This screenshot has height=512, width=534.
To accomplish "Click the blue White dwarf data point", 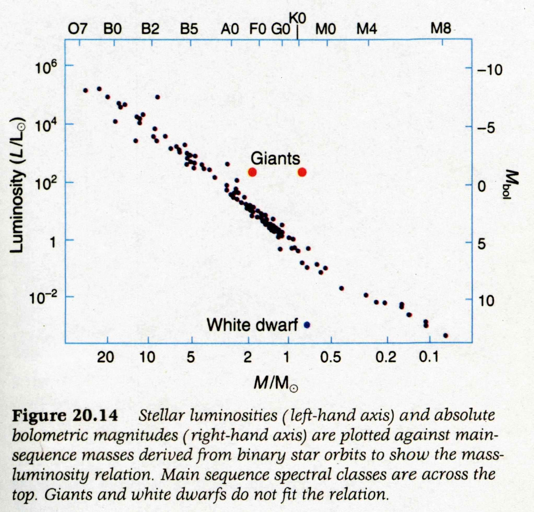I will tap(307, 324).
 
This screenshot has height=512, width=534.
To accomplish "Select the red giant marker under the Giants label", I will tap(252, 172).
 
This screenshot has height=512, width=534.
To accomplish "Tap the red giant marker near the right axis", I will tap(302, 172).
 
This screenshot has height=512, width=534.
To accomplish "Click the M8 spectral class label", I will tap(441, 29).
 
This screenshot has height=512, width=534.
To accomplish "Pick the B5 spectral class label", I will tap(189, 29).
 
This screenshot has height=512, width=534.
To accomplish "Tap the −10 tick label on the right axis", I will tap(489, 70).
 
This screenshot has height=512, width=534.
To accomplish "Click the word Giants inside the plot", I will tap(275, 158).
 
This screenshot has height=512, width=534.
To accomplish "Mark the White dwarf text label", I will tap(252, 324).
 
